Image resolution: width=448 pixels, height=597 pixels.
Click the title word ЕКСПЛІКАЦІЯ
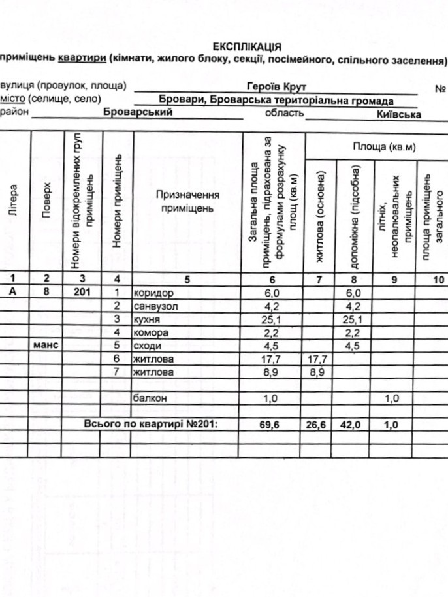248,46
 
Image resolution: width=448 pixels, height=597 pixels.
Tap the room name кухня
146,319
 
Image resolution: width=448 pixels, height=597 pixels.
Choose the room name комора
148,332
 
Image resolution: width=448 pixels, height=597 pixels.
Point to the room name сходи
146,346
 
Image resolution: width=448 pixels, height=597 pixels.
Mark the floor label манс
46,346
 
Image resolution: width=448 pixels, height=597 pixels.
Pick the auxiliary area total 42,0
352,425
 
